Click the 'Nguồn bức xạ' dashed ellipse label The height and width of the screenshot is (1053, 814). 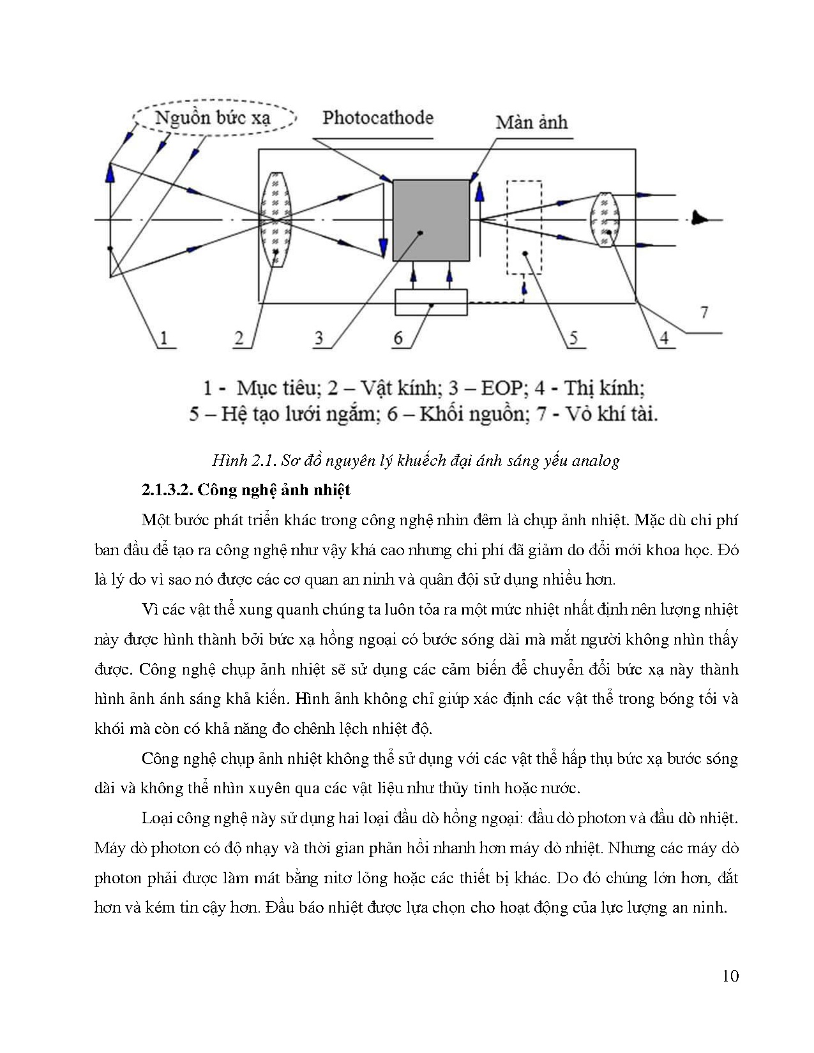click(x=214, y=118)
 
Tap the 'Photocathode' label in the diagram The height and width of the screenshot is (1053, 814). click(x=377, y=117)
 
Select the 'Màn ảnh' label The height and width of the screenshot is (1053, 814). click(x=531, y=122)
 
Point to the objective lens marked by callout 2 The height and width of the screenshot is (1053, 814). click(x=276, y=220)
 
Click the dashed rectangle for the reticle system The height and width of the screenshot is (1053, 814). click(x=524, y=228)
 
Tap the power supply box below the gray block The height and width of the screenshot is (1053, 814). click(x=431, y=302)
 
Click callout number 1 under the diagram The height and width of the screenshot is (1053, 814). click(x=164, y=338)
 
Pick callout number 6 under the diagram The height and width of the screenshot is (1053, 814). click(x=398, y=338)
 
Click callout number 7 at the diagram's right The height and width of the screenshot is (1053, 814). click(x=704, y=312)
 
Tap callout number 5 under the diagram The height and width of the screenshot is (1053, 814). click(x=573, y=338)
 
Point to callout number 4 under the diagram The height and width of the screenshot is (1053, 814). click(x=664, y=338)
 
